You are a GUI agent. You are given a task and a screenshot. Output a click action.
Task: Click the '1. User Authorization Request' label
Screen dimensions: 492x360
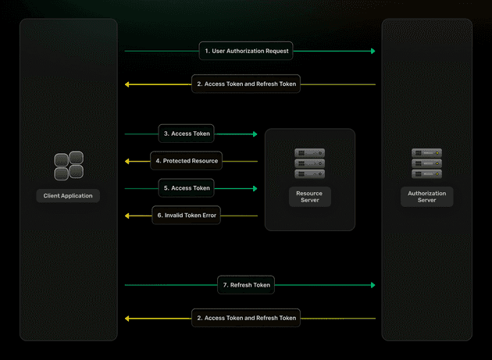246,51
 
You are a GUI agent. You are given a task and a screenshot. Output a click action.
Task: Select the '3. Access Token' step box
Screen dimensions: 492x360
187,134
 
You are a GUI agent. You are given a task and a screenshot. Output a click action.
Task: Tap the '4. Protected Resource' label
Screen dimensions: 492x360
187,161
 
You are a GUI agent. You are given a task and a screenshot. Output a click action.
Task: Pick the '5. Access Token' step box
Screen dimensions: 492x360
187,188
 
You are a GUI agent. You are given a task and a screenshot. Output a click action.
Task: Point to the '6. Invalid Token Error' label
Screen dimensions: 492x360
187,216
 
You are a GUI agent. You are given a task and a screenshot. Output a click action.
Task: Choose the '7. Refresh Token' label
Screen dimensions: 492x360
246,285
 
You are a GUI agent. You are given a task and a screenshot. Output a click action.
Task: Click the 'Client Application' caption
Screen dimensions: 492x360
68,196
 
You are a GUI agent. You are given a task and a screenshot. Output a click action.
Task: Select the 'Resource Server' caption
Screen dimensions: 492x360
310,197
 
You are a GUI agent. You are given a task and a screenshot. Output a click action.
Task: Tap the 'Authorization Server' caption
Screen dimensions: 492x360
426,197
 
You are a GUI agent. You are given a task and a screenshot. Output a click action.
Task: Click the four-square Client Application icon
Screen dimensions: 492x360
69,166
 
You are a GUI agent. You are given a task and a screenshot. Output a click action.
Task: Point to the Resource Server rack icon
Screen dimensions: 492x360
310,163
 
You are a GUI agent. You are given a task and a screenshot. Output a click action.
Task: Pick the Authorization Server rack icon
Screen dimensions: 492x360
426,163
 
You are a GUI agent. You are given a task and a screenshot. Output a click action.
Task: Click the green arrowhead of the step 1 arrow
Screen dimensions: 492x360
373,51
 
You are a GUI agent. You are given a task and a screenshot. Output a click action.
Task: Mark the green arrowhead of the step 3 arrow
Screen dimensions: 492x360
255,134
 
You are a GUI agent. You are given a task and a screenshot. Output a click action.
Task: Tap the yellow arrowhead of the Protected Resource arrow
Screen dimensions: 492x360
127,162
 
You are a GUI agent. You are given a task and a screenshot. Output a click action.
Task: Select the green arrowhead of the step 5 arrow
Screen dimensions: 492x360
255,188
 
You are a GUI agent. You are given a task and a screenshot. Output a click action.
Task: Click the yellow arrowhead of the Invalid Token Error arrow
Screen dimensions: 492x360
127,216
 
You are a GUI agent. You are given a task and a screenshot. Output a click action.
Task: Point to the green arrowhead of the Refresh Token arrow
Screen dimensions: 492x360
373,285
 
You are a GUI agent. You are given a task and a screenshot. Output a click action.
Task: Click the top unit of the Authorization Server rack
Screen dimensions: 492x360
426,153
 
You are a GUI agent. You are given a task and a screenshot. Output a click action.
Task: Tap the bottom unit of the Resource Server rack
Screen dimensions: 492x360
310,174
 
